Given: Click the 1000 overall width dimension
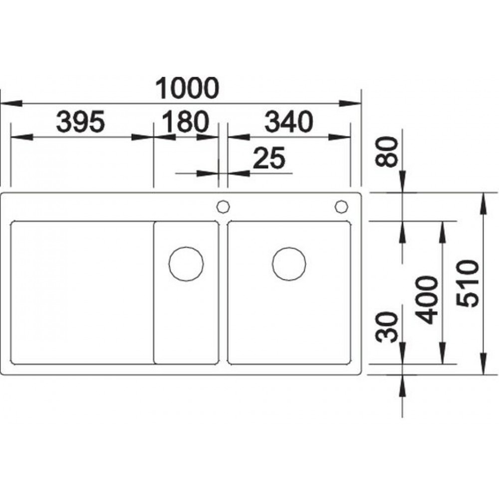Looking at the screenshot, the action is [x=187, y=88].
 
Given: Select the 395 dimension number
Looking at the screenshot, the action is [x=80, y=122].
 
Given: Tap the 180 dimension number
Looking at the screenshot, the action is [x=186, y=122].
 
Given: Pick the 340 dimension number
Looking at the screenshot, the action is [x=289, y=122].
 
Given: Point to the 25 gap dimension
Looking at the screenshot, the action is [x=269, y=158].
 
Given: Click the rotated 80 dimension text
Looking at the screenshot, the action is [x=387, y=152].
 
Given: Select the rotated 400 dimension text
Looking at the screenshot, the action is [x=427, y=300].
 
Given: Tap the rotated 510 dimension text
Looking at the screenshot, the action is [x=468, y=283].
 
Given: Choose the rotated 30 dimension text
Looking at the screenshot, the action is [x=387, y=327].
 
